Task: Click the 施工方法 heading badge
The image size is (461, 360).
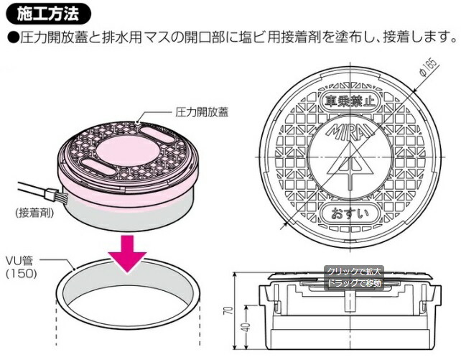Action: [x=47, y=12]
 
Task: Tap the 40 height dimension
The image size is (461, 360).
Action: [x=243, y=328]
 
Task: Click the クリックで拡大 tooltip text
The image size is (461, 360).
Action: [x=355, y=272]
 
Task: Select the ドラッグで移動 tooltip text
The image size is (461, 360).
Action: [x=355, y=282]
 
